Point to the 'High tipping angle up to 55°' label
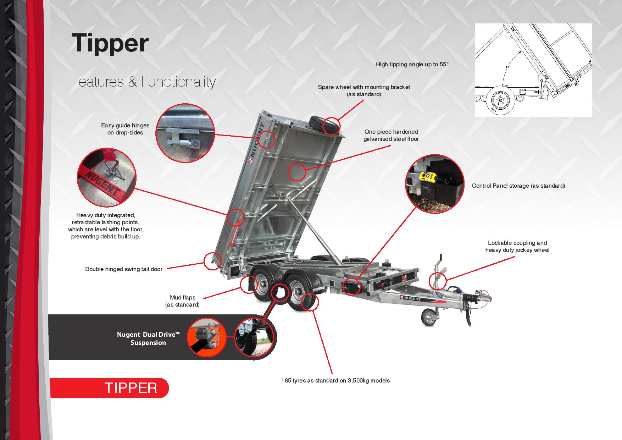tap(412, 65)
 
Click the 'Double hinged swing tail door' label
tap(124, 269)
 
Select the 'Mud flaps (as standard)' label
tap(182, 301)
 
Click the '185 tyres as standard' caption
tap(335, 381)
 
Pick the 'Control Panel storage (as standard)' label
tap(518, 186)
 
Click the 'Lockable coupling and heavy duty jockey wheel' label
tap(517, 247)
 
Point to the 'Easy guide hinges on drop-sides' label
tap(125, 129)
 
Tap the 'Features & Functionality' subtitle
tap(144, 82)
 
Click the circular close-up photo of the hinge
tap(185, 133)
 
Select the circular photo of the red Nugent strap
tap(107, 178)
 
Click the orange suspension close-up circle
tap(207, 337)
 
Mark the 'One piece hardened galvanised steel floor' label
tap(391, 136)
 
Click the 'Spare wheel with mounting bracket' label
tap(364, 91)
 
